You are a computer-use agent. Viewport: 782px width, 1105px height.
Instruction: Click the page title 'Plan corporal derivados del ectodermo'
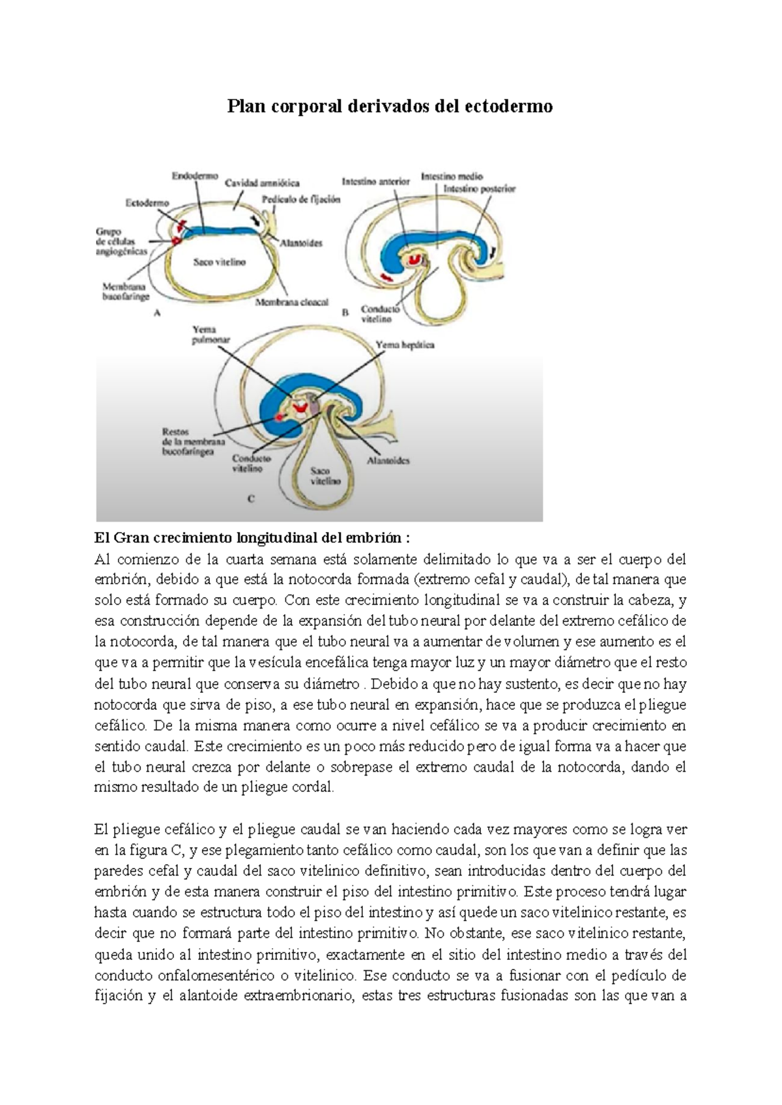[x=390, y=106]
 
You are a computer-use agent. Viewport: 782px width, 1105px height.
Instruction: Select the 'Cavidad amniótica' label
[x=262, y=183]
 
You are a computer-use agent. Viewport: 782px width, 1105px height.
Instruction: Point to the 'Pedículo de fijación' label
[x=300, y=200]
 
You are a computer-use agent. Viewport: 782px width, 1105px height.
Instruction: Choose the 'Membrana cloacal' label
[x=291, y=302]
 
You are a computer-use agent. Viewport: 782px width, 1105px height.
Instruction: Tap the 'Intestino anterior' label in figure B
[x=375, y=182]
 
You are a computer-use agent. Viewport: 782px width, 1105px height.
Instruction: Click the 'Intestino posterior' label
[x=479, y=189]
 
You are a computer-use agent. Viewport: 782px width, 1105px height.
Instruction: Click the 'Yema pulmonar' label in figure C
[x=210, y=335]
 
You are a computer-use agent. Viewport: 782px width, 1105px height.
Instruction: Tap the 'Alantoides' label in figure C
[x=388, y=460]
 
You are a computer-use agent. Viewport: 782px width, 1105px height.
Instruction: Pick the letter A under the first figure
[x=156, y=313]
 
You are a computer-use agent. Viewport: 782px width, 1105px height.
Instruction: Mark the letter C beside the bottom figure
[x=251, y=499]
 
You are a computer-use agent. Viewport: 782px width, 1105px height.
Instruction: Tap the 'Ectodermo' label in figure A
[x=147, y=203]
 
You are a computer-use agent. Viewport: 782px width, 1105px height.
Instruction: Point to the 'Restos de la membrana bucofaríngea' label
[x=194, y=441]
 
